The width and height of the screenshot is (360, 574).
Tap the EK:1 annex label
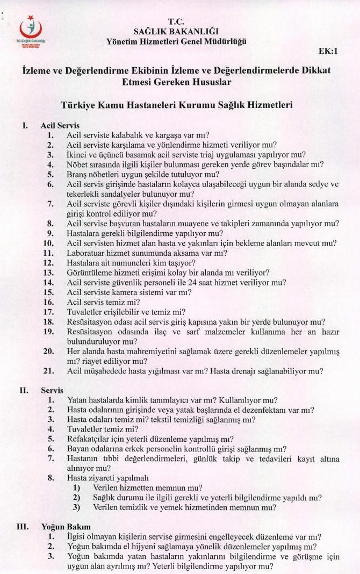tap(328, 52)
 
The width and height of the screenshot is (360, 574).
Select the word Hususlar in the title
tap(213, 83)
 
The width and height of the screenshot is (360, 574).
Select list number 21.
tap(48, 371)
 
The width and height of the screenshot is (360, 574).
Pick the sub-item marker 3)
tap(76, 507)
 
